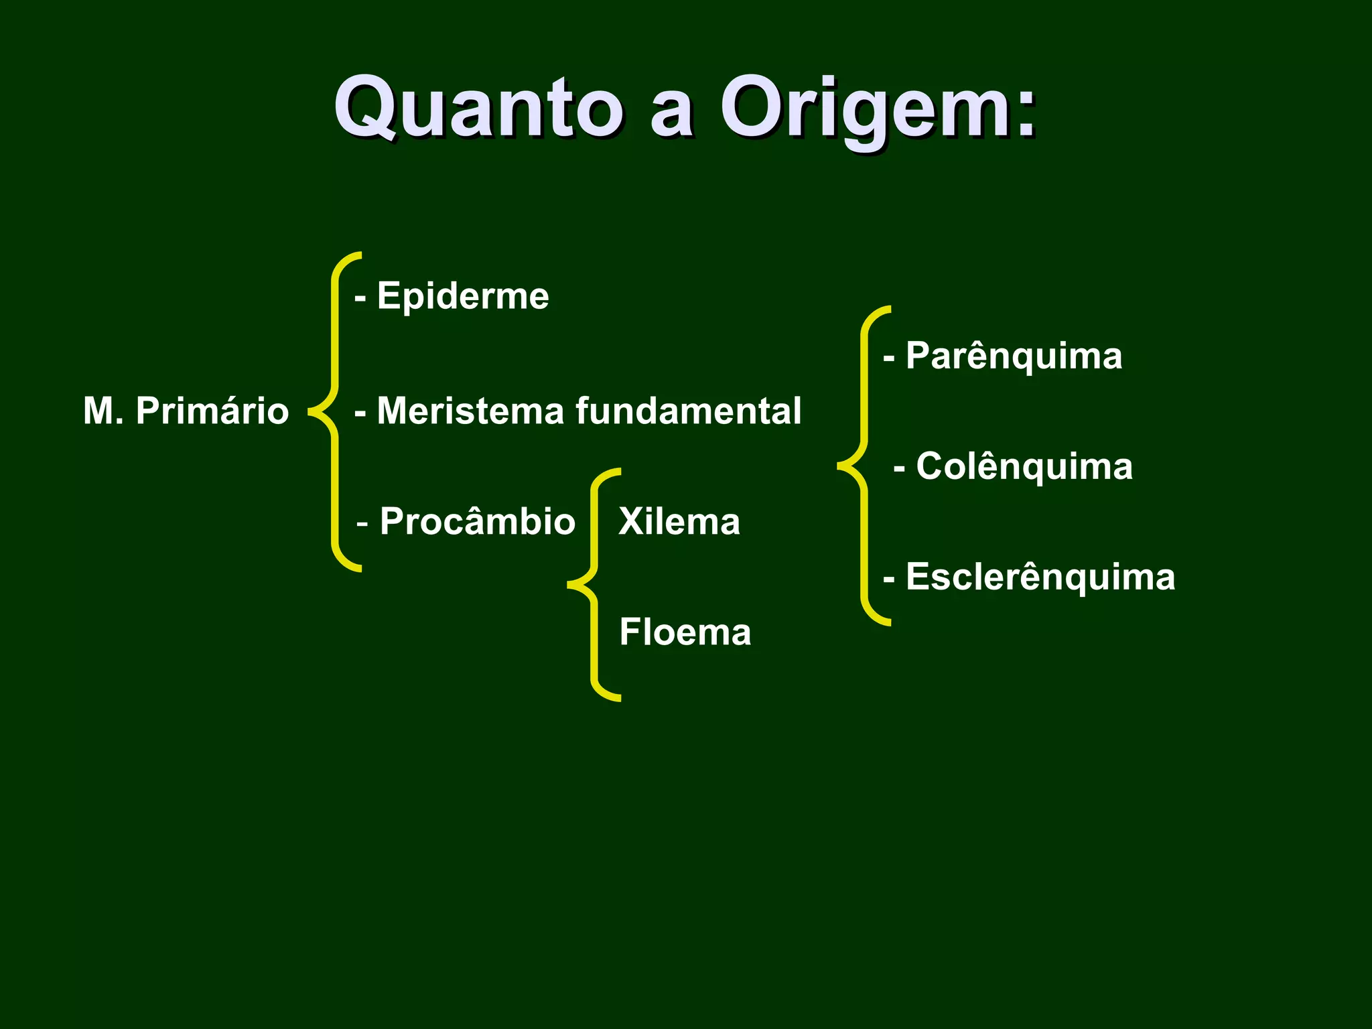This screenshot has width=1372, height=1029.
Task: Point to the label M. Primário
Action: click(186, 411)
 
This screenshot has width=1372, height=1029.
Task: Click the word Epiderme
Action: click(463, 296)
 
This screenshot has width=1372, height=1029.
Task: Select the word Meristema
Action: click(470, 411)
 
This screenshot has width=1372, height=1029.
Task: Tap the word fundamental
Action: click(688, 411)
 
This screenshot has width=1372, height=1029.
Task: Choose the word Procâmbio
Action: click(477, 521)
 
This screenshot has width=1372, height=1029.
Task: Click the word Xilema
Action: click(679, 521)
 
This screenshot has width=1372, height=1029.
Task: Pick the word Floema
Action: click(685, 632)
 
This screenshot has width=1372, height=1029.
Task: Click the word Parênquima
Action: click(1014, 356)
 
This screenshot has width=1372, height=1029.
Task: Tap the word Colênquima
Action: click(1024, 466)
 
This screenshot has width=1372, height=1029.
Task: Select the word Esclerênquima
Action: click(1040, 577)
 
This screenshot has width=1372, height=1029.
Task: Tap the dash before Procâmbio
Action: click(363, 523)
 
